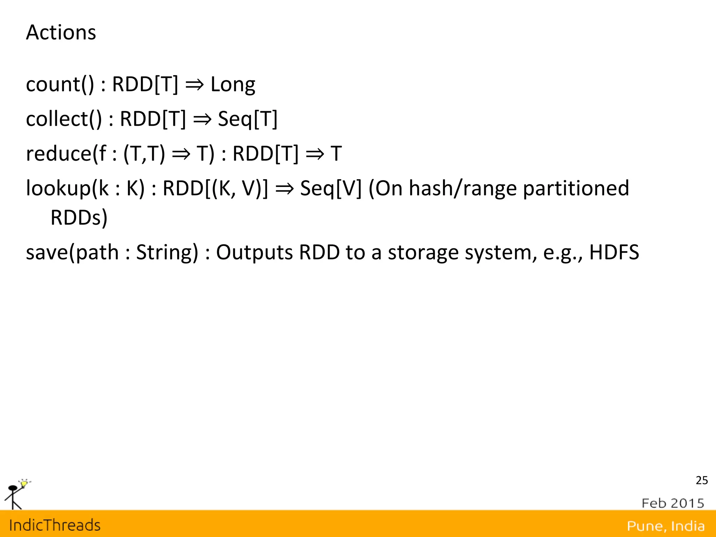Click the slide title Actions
coord(61,32)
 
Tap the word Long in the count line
coord(233,85)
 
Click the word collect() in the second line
coord(64,119)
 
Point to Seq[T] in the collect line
coord(248,119)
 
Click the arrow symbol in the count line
coord(194,85)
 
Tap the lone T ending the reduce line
coord(336,154)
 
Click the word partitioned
coord(576,188)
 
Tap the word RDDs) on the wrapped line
coord(79,218)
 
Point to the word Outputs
coord(254,252)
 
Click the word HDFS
coord(614,252)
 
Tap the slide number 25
coord(702,480)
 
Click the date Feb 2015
coord(673,503)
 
